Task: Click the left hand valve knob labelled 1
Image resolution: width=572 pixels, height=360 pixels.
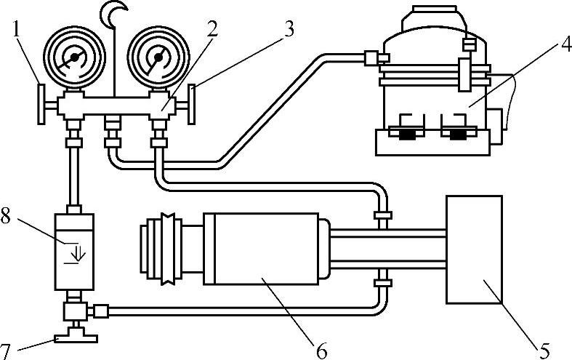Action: pos(41,104)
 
